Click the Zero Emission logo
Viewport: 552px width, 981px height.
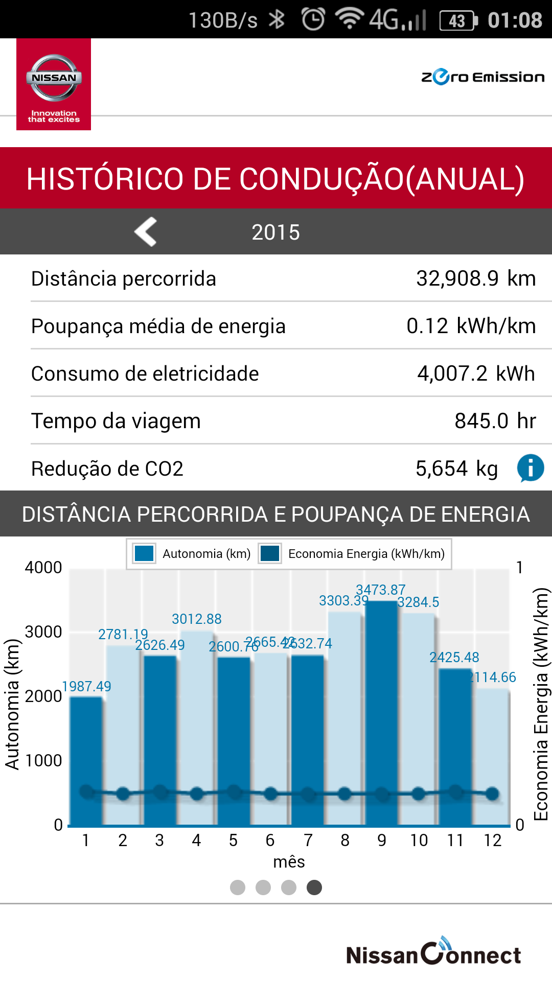pyautogui.click(x=482, y=77)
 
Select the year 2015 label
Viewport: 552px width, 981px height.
pyautogui.click(x=275, y=232)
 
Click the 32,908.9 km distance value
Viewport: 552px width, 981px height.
pyautogui.click(x=475, y=278)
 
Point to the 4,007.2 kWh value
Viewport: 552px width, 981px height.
pyautogui.click(x=475, y=373)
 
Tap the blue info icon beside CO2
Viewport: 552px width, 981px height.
pyautogui.click(x=531, y=468)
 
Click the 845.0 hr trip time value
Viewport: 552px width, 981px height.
pyautogui.click(x=495, y=421)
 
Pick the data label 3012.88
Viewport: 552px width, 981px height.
pyautogui.click(x=196, y=619)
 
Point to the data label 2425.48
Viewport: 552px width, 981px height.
pyautogui.click(x=454, y=658)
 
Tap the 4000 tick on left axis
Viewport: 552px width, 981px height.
pyautogui.click(x=43, y=568)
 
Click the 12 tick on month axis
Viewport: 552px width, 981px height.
pyautogui.click(x=492, y=840)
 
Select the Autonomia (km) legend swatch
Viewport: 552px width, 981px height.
pyautogui.click(x=144, y=554)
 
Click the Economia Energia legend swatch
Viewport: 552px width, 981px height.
pyautogui.click(x=270, y=554)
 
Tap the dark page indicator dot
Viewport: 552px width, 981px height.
pyautogui.click(x=314, y=887)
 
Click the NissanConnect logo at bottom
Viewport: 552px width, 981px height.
pyautogui.click(x=433, y=953)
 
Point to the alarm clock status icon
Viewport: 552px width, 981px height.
pyautogui.click(x=313, y=20)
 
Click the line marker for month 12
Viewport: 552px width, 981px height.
pyautogui.click(x=492, y=793)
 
